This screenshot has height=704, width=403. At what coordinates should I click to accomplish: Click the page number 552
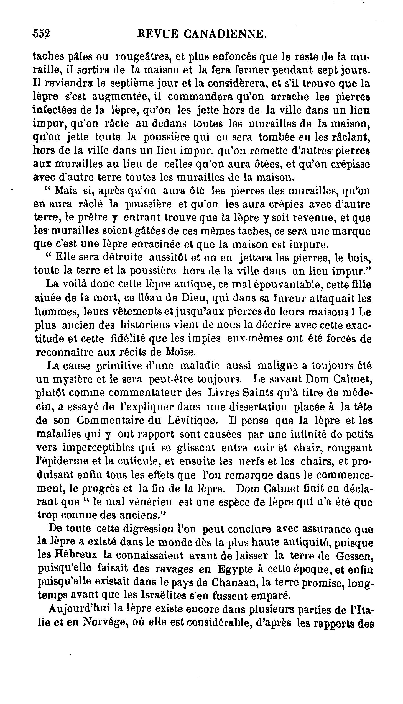[x=41, y=34]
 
